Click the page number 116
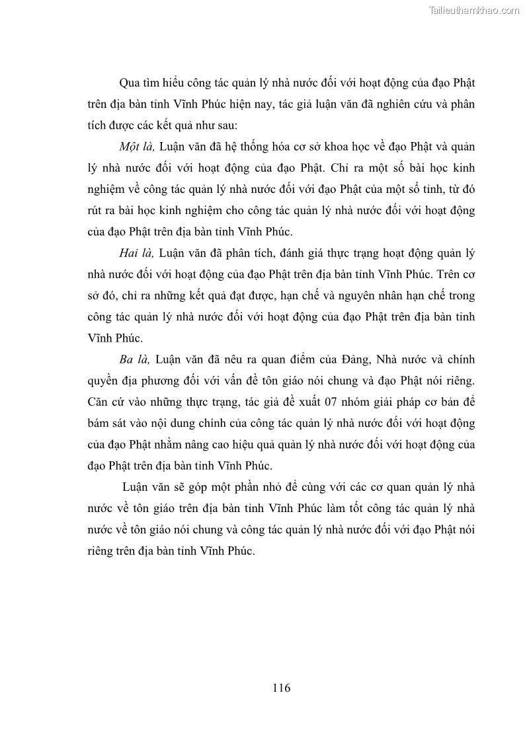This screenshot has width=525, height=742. (x=281, y=687)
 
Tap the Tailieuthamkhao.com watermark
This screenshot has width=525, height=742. (x=475, y=10)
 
